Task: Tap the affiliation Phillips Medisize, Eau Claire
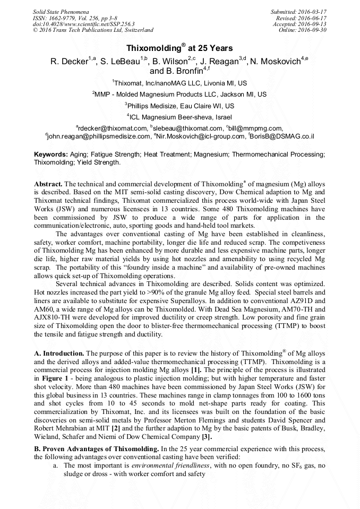click(x=179, y=106)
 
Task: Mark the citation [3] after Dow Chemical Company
click(x=207, y=437)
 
